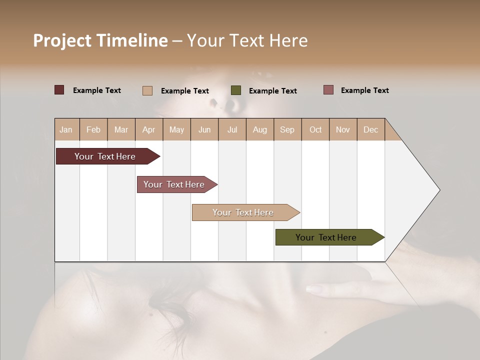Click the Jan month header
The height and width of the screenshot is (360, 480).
(x=66, y=129)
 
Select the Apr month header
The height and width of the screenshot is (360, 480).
(x=149, y=129)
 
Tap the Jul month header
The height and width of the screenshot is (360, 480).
(x=232, y=129)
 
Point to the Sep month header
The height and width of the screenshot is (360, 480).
(x=287, y=129)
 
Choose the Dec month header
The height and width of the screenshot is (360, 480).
(x=370, y=129)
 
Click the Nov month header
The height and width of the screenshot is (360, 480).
(x=343, y=129)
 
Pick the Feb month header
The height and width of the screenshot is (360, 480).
(x=93, y=129)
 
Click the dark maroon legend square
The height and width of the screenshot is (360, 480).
(x=59, y=90)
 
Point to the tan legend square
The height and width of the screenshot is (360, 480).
(x=147, y=90)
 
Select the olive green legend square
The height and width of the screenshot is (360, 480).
(x=236, y=90)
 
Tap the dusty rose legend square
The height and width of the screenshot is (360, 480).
(x=328, y=90)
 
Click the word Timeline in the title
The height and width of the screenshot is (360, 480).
(x=131, y=40)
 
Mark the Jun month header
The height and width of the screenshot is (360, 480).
(x=204, y=129)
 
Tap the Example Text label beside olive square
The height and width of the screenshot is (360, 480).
(x=272, y=91)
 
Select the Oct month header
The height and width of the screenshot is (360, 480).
(x=315, y=129)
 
